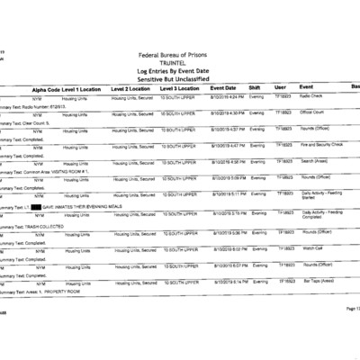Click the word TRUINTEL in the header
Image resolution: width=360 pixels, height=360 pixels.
click(x=179, y=64)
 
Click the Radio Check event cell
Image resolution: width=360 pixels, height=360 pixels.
click(x=310, y=95)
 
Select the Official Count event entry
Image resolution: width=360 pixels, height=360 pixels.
click(x=311, y=112)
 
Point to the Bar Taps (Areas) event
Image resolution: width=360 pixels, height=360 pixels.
click(x=314, y=281)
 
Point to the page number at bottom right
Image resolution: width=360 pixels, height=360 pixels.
click(x=350, y=309)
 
